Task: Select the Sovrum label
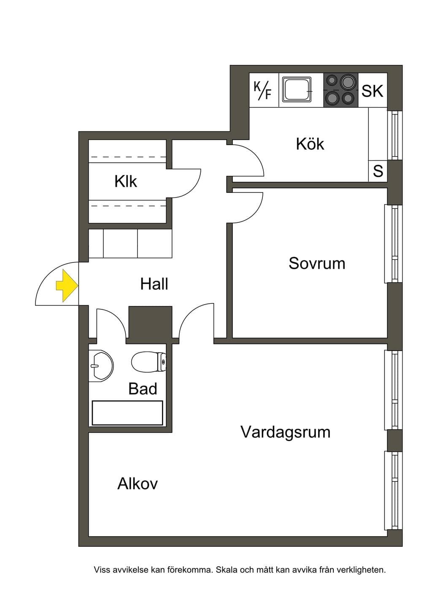click(317, 263)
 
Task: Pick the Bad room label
click(143, 389)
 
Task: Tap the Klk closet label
click(125, 181)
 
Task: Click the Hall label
click(154, 284)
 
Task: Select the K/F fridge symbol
click(262, 90)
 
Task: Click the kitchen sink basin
click(297, 90)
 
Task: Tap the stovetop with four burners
click(341, 90)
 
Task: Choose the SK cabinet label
click(372, 91)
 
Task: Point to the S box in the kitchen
click(378, 171)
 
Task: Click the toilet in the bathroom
click(148, 362)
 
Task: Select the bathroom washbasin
click(101, 365)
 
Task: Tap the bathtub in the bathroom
click(127, 413)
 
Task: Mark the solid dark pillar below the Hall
click(150, 324)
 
